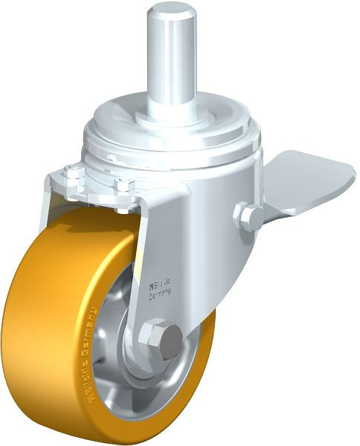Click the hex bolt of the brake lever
[x=248, y=217]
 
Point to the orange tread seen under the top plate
[x=89, y=223]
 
